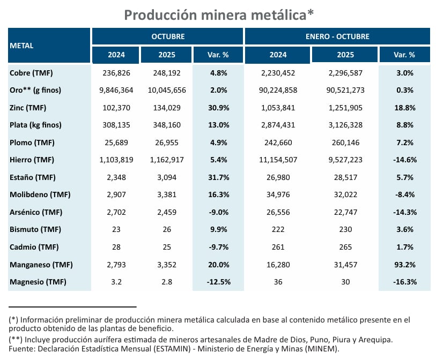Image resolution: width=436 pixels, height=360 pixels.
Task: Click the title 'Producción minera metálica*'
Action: click(x=219, y=14)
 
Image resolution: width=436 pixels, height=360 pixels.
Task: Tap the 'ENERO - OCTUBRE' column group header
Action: click(x=337, y=36)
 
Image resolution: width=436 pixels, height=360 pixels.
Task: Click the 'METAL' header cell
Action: click(x=22, y=46)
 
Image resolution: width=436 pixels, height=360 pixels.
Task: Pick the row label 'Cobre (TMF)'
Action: click(x=31, y=73)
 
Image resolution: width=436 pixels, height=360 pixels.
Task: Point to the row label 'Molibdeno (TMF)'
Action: click(x=40, y=194)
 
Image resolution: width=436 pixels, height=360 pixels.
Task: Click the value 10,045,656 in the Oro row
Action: click(x=167, y=90)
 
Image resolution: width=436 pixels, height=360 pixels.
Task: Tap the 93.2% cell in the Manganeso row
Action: click(x=404, y=265)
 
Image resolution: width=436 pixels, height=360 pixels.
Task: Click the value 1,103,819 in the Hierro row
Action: click(x=116, y=160)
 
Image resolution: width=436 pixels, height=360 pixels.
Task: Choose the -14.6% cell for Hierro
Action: click(x=404, y=160)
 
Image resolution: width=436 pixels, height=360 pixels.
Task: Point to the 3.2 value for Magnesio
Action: click(x=116, y=282)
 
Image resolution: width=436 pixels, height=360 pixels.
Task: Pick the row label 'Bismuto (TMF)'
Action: click(x=35, y=229)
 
